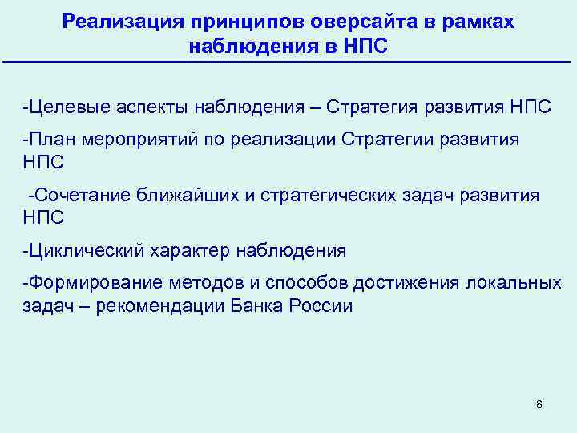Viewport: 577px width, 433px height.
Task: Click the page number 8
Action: tap(539, 404)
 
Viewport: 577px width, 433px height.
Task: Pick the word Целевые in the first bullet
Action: tap(65, 107)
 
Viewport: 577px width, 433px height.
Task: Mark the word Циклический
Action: tap(83, 251)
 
